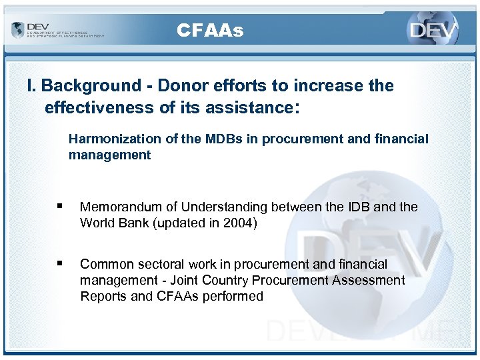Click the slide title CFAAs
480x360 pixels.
click(210, 31)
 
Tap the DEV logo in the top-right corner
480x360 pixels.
click(434, 30)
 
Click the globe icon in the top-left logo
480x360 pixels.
click(17, 30)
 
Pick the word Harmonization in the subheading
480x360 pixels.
click(107, 139)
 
